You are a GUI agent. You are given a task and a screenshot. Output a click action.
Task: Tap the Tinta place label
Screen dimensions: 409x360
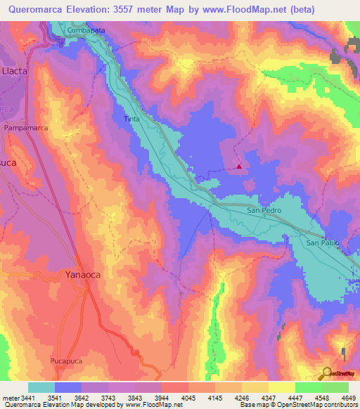coord(131,119)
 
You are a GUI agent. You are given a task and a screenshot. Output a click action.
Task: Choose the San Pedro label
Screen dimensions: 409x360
coord(264,210)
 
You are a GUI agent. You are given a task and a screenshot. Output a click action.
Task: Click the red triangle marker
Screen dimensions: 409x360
coord(240,167)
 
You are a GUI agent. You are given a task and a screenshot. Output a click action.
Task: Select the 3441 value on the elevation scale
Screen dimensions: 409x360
coord(29,397)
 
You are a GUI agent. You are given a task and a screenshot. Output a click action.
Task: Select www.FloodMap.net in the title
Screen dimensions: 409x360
coord(237,9)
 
